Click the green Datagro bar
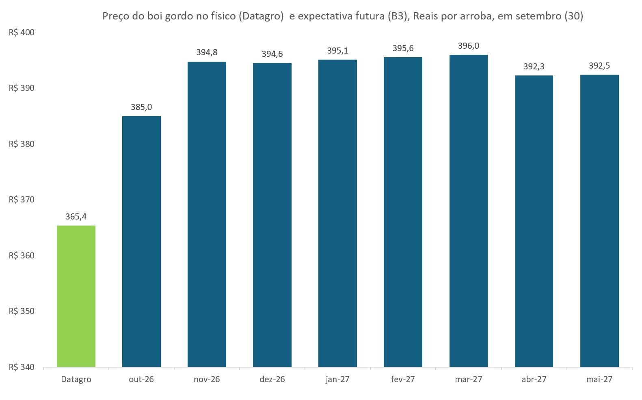click(x=76, y=296)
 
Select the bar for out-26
click(x=141, y=241)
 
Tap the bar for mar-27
click(x=468, y=211)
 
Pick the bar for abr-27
click(x=534, y=221)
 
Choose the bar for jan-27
click(x=337, y=213)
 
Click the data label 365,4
click(x=76, y=217)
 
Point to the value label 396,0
click(x=468, y=46)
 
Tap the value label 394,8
click(x=207, y=52)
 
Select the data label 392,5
click(x=599, y=66)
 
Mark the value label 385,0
click(x=141, y=107)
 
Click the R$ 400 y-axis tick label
click(x=22, y=32)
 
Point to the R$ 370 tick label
click(x=22, y=200)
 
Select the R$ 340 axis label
click(x=22, y=367)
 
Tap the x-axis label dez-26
click(x=272, y=379)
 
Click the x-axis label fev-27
click(x=403, y=379)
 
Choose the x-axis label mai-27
click(x=599, y=379)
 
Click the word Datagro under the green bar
click(x=76, y=380)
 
